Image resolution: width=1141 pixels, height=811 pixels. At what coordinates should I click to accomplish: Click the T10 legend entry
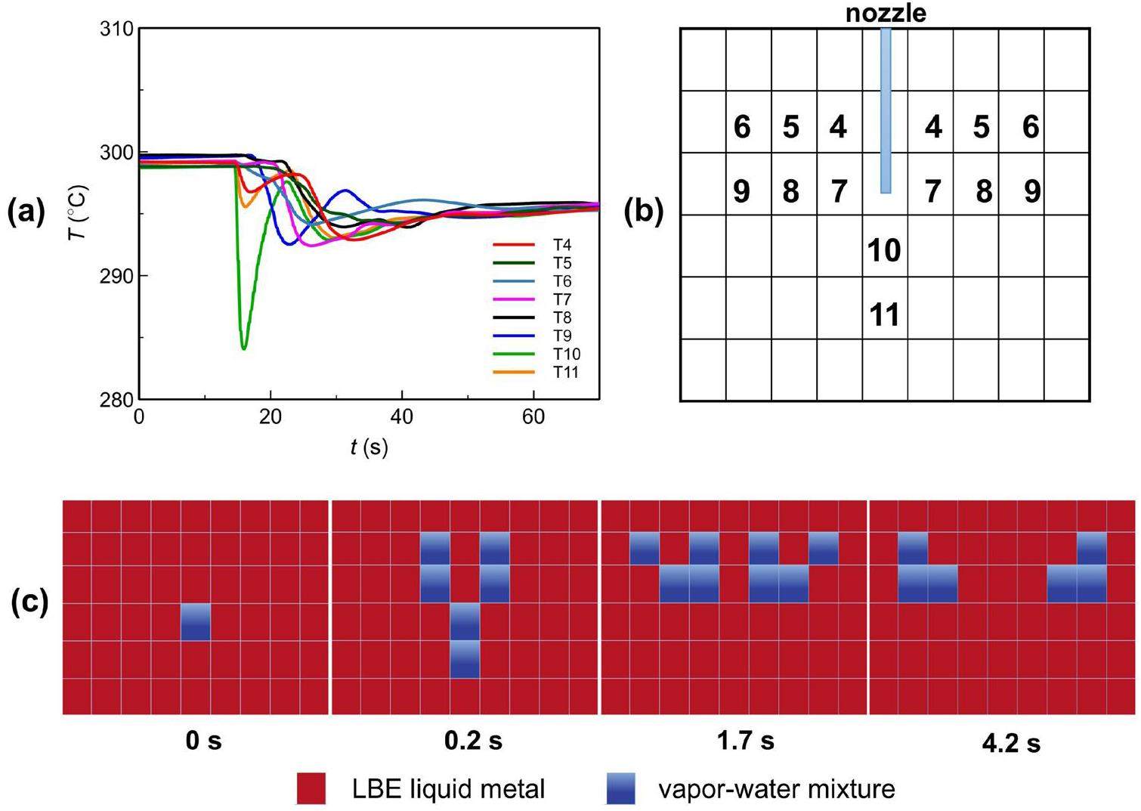pyautogui.click(x=566, y=354)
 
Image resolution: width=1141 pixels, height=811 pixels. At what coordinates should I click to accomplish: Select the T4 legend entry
pyautogui.click(x=562, y=245)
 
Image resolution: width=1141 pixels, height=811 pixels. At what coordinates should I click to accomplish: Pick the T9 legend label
pyautogui.click(x=562, y=336)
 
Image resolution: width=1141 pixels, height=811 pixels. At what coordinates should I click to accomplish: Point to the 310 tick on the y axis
pyautogui.click(x=116, y=29)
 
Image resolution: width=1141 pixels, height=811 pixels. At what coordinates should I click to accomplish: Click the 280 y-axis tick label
pyautogui.click(x=116, y=399)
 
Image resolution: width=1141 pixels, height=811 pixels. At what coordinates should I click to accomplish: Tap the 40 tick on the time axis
pyautogui.click(x=402, y=416)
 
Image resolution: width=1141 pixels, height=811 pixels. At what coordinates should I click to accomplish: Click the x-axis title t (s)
pyautogui.click(x=369, y=447)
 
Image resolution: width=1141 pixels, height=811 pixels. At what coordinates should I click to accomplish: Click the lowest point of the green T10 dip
pyautogui.click(x=243, y=348)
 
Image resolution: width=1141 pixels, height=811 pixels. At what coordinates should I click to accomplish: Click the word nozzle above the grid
pyautogui.click(x=886, y=13)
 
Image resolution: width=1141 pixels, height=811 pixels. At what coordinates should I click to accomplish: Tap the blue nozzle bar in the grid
pyautogui.click(x=886, y=110)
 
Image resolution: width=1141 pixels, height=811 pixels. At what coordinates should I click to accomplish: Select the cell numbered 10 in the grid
pyautogui.click(x=884, y=249)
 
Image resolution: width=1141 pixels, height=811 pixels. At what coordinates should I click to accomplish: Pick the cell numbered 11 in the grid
pyautogui.click(x=884, y=314)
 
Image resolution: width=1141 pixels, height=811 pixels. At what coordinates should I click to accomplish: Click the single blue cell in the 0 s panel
pyautogui.click(x=196, y=622)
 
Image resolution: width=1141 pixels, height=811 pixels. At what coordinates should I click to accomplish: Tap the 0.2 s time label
pyautogui.click(x=474, y=741)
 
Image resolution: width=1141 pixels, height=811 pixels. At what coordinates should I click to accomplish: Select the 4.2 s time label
pyautogui.click(x=1011, y=744)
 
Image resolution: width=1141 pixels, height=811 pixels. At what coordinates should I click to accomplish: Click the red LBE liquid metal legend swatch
pyautogui.click(x=311, y=788)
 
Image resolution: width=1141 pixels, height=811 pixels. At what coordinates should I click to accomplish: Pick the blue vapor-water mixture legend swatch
pyautogui.click(x=620, y=788)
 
